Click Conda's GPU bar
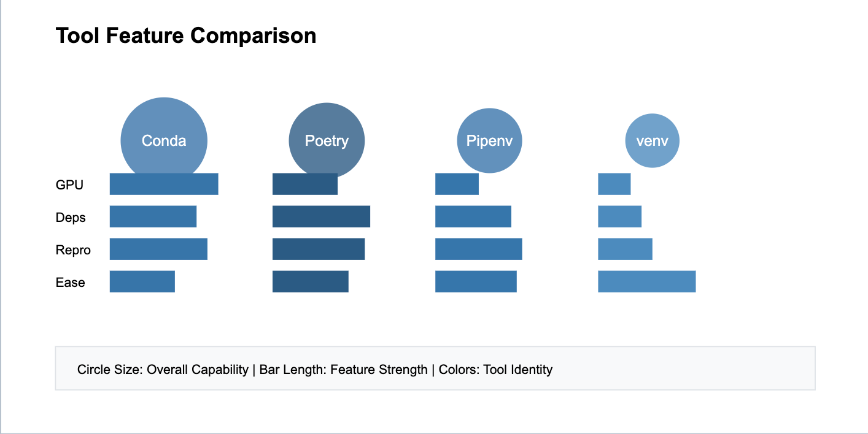tap(164, 184)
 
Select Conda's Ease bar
tap(142, 281)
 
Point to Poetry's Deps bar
tap(321, 216)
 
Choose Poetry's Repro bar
tap(319, 249)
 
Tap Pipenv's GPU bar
tap(457, 184)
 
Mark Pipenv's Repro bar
tap(479, 249)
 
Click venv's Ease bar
tap(647, 281)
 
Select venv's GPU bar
tap(614, 184)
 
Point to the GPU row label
tap(69, 185)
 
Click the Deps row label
tap(71, 218)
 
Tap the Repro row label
tap(73, 250)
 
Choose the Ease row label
tap(70, 283)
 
